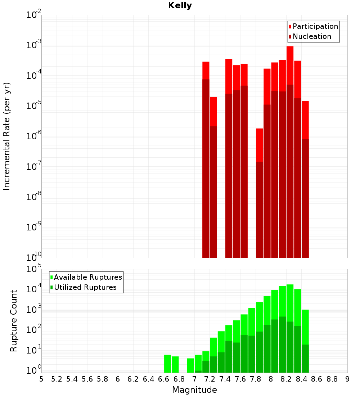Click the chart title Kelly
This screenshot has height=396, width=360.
pyautogui.click(x=180, y=6)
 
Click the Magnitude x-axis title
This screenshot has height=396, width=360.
pyautogui.click(x=194, y=390)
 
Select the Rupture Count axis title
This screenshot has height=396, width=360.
pyautogui.click(x=14, y=321)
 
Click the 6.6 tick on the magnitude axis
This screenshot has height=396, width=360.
pyautogui.click(x=164, y=379)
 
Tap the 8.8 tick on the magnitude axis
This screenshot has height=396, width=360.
pyautogui.click(x=332, y=379)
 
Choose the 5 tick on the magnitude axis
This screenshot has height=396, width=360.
pyautogui.click(x=41, y=379)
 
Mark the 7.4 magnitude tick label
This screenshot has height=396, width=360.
pyautogui.click(x=225, y=379)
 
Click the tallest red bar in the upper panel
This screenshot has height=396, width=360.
pyautogui.click(x=290, y=65)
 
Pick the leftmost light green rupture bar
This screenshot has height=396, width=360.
pyautogui.click(x=167, y=364)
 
